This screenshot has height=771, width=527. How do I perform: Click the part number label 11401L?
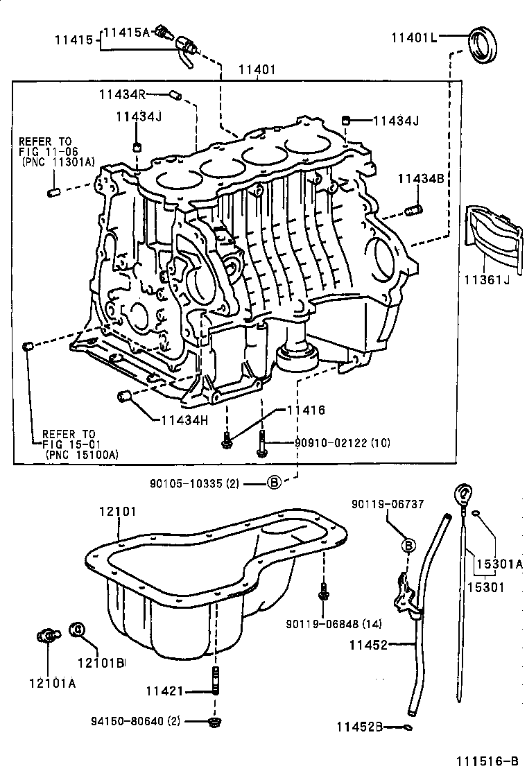[x=414, y=37]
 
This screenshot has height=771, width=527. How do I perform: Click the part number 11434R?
[x=121, y=94]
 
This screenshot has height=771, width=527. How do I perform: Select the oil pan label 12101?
[x=117, y=512]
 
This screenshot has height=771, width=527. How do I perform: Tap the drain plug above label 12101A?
[x=46, y=634]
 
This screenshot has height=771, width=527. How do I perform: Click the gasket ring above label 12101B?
[x=78, y=630]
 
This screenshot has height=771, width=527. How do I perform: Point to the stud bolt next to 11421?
[x=216, y=679]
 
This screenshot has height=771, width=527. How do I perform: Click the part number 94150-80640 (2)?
[x=137, y=721]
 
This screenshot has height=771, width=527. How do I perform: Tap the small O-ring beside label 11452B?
[x=409, y=727]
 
